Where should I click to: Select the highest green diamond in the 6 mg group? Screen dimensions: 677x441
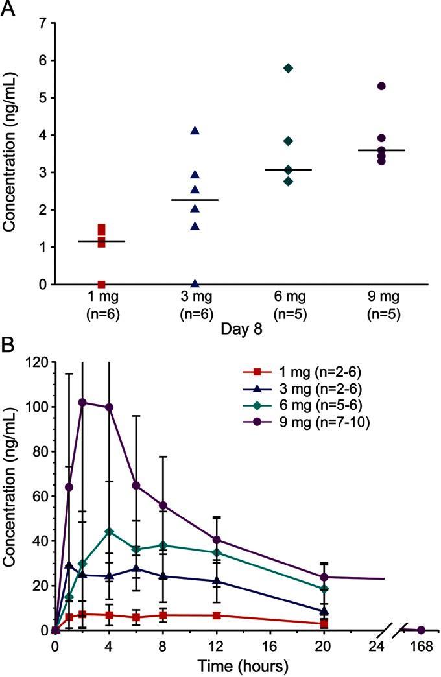tap(289, 68)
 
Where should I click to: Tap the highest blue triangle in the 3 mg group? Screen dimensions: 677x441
tap(195, 131)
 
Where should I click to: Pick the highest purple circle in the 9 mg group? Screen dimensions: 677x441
tap(381, 86)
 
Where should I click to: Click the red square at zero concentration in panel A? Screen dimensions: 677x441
tap(102, 284)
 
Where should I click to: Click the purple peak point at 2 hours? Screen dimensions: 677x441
tap(82, 402)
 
